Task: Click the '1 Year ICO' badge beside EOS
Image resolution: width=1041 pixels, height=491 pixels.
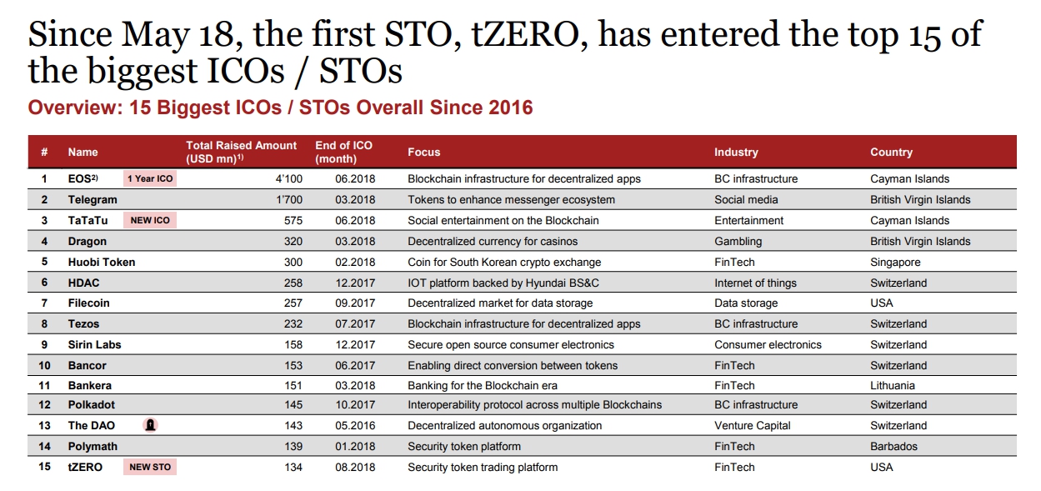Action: click(150, 178)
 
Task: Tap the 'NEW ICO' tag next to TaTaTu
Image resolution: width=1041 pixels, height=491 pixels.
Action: click(150, 220)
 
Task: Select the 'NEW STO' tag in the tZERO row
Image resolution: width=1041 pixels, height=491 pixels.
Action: click(150, 467)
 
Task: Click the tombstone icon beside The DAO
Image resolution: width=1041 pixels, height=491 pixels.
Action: click(150, 425)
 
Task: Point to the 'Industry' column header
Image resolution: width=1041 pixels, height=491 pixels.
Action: click(736, 152)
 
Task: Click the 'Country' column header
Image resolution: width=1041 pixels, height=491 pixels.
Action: click(891, 152)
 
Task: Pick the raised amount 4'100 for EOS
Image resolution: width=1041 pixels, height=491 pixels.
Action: click(288, 179)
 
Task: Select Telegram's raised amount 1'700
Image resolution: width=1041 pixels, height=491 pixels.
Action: click(289, 199)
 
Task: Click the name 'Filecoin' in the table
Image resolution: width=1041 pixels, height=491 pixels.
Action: click(88, 303)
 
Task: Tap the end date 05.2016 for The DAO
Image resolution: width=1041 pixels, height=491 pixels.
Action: click(355, 425)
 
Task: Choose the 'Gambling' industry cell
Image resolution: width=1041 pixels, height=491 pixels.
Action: click(738, 241)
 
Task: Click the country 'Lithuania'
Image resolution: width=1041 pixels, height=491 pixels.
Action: click(893, 385)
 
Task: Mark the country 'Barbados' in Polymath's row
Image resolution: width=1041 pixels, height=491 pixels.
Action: click(893, 446)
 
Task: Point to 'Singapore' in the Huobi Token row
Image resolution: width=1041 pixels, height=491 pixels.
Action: click(895, 263)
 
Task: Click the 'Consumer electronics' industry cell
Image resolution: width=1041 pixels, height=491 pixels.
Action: click(768, 344)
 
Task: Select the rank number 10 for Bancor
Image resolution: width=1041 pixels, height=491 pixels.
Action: click(44, 365)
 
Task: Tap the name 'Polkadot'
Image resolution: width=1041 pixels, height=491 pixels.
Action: click(91, 404)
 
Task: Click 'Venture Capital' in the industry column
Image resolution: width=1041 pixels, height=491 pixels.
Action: click(753, 425)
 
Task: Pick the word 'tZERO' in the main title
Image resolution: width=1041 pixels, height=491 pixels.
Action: click(530, 35)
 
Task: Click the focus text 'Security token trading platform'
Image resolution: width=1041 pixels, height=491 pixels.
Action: click(483, 468)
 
